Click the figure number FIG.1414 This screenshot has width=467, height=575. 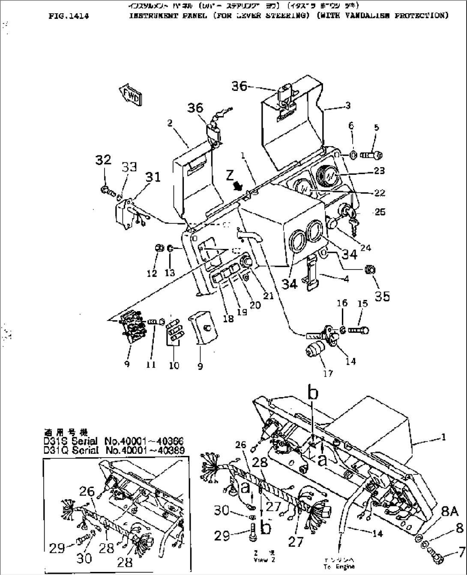point(69,16)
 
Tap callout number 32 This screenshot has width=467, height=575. point(103,160)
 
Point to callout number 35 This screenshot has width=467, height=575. point(382,295)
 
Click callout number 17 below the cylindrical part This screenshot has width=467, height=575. point(328,374)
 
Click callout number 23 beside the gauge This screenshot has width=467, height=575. point(379,171)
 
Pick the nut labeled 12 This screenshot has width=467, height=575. point(159,248)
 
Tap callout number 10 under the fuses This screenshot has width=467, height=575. point(174,365)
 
